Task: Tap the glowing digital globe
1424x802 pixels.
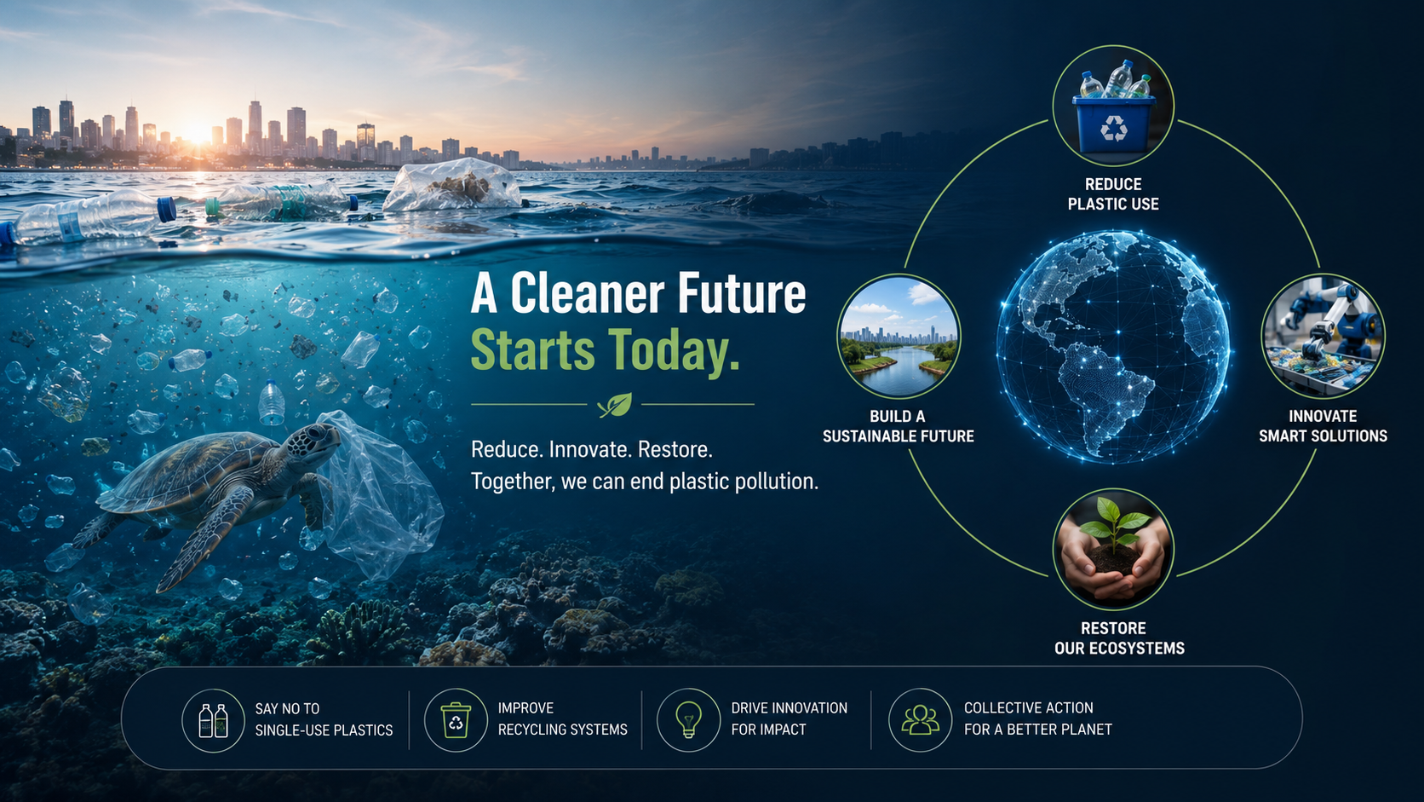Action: (x=1112, y=347)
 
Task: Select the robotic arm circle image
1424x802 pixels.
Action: (x=1323, y=337)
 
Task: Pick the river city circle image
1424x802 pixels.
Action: (x=899, y=337)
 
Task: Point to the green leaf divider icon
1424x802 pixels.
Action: (x=615, y=405)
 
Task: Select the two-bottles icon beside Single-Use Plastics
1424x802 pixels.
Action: (x=213, y=720)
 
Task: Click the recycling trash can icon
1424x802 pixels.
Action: (x=456, y=720)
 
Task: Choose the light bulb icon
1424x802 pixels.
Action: (x=688, y=719)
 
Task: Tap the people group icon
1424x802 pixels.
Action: (x=920, y=720)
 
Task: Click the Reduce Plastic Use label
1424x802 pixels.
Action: (x=1113, y=194)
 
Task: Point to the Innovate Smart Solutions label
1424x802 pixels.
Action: (x=1323, y=426)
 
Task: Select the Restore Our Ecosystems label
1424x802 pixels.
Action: (x=1119, y=638)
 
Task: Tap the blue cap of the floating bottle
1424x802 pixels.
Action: (x=167, y=210)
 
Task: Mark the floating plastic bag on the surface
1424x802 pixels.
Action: (x=452, y=185)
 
